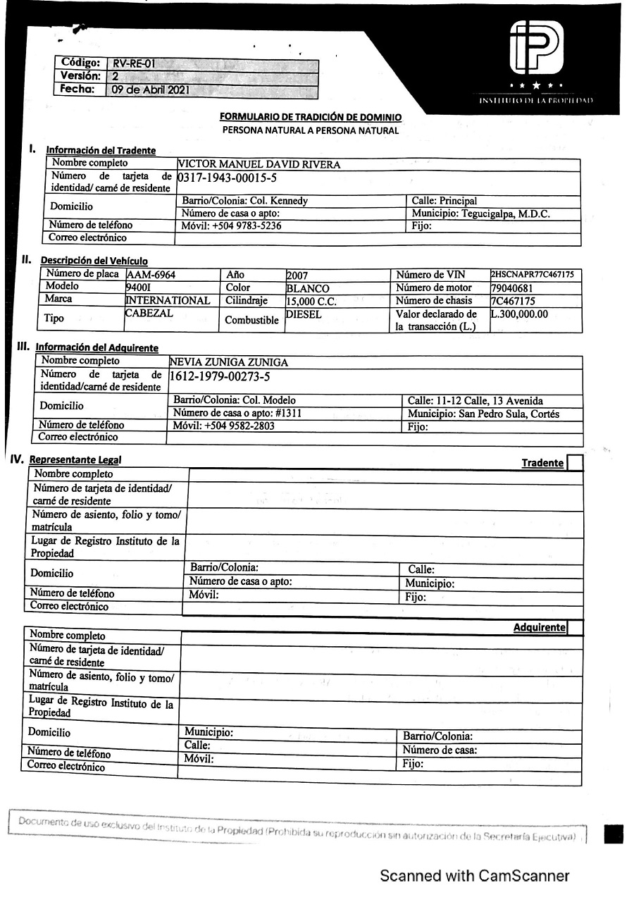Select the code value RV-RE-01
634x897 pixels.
pyautogui.click(x=134, y=63)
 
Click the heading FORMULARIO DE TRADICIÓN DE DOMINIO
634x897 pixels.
pyautogui.click(x=311, y=117)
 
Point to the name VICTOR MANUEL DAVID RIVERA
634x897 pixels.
pyautogui.click(x=259, y=165)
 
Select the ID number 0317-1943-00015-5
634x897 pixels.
pyautogui.click(x=227, y=178)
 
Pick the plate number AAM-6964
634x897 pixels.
pyautogui.click(x=151, y=276)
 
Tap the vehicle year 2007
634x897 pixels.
pyautogui.click(x=297, y=276)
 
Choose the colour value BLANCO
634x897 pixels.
pyautogui.click(x=307, y=288)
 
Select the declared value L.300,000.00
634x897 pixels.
pyautogui.click(x=519, y=314)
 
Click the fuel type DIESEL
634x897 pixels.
pyautogui.click(x=303, y=314)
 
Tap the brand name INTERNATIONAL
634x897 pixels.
pyautogui.click(x=167, y=301)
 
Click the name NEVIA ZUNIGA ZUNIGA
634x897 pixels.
pyautogui.click(x=229, y=362)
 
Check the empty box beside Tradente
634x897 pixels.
pyautogui.click(x=574, y=463)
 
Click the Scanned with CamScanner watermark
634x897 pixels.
pyautogui.click(x=474, y=876)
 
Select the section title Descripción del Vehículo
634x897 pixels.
pyautogui.click(x=94, y=261)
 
